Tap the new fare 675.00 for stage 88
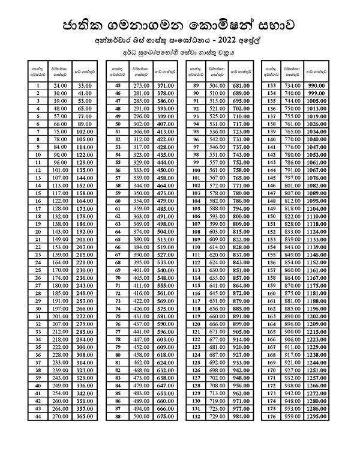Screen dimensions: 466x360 point(165,416)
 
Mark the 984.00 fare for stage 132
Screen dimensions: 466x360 point(241,416)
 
